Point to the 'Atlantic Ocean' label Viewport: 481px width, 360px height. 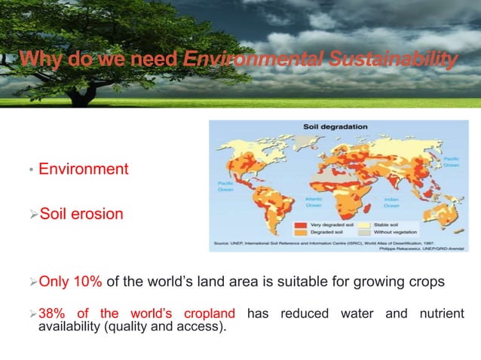[314, 203]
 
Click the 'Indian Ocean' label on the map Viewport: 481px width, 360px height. [391, 203]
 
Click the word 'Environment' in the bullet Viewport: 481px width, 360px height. [83, 169]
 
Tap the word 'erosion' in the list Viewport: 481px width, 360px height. [97, 214]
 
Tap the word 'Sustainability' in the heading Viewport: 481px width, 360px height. [400, 59]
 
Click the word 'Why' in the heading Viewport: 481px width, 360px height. [37, 59]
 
